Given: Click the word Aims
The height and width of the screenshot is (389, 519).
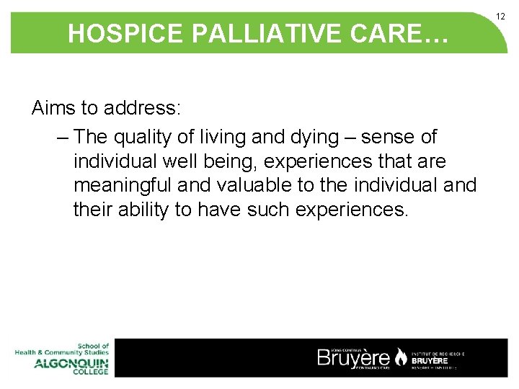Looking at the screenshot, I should [54, 109].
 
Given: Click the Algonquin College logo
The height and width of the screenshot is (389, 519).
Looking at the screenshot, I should [62, 358].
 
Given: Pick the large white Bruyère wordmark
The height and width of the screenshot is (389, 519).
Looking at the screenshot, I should [354, 358].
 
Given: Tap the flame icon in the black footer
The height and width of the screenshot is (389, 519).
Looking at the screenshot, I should [400, 357].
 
